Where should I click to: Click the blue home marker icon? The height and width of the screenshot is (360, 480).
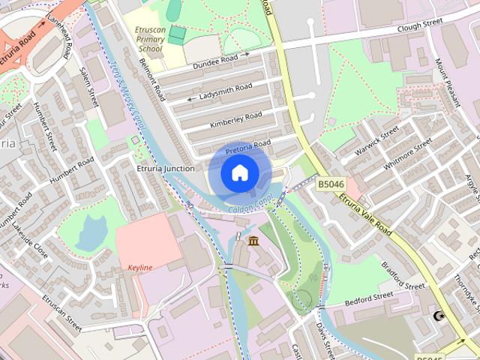(239, 172)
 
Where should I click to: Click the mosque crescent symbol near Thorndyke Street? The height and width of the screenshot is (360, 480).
(439, 316)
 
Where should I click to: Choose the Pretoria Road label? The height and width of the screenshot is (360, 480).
(247, 145)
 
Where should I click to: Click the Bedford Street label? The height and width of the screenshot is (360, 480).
(369, 298)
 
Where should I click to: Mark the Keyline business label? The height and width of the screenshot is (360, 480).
(140, 268)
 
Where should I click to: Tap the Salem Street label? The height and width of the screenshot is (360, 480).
(89, 87)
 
